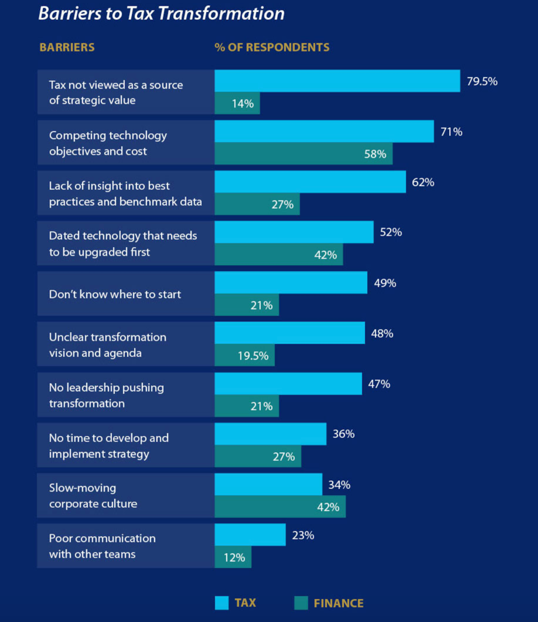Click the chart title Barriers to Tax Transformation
pyautogui.click(x=161, y=13)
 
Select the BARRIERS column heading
pyautogui.click(x=67, y=48)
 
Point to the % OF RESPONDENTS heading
pyautogui.click(x=272, y=48)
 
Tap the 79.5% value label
pyautogui.click(x=482, y=81)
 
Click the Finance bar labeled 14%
pyautogui.click(x=237, y=103)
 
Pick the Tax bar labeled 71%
pyautogui.click(x=324, y=131)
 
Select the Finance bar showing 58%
pyautogui.click(x=303, y=154)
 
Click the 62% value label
pyautogui.click(x=423, y=182)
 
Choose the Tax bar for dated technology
pyautogui.click(x=294, y=232)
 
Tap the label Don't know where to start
pyautogui.click(x=115, y=294)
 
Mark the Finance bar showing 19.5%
pyautogui.click(x=245, y=355)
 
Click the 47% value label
pyautogui.click(x=379, y=384)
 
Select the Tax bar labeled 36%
pyautogui.click(x=270, y=434)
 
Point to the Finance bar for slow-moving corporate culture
pyautogui.click(x=280, y=507)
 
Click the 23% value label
pyautogui.click(x=303, y=535)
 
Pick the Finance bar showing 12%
pyautogui.click(x=233, y=557)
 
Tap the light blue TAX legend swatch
pyautogui.click(x=222, y=603)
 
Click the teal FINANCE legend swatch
pyautogui.click(x=301, y=603)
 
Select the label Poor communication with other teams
pyautogui.click(x=102, y=546)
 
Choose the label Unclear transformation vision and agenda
pyautogui.click(x=107, y=345)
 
